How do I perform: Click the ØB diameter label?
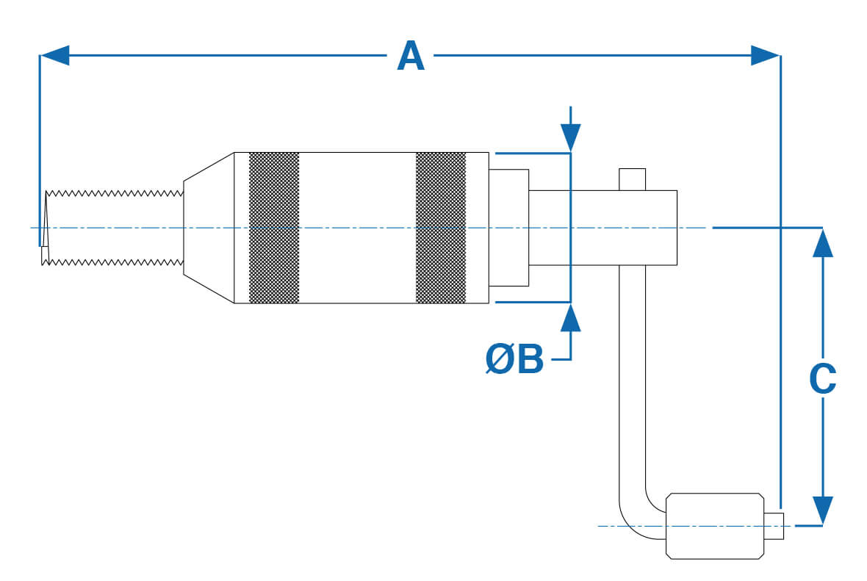click(514, 359)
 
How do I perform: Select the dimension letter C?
click(822, 379)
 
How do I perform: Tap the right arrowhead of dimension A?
click(765, 55)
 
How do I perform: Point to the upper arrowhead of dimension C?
click(823, 242)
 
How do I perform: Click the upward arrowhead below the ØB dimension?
click(570, 317)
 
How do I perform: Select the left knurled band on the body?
click(274, 228)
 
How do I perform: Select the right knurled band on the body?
click(441, 228)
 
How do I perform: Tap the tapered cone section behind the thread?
click(208, 228)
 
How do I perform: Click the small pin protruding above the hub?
click(632, 178)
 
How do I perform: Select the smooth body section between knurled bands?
click(357, 228)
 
